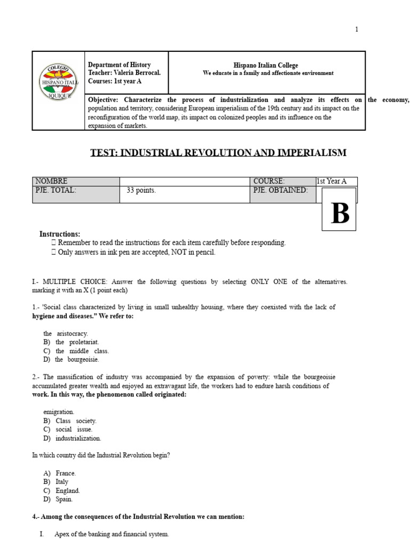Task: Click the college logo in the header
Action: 59,82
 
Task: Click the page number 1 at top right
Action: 357,29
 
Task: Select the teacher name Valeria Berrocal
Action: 137,73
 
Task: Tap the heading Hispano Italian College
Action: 268,65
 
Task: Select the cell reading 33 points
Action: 141,191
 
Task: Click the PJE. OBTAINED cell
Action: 281,190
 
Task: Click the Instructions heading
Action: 60,234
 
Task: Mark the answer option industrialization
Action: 78,438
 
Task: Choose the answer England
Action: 67,490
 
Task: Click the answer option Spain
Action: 64,499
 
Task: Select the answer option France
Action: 66,473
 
